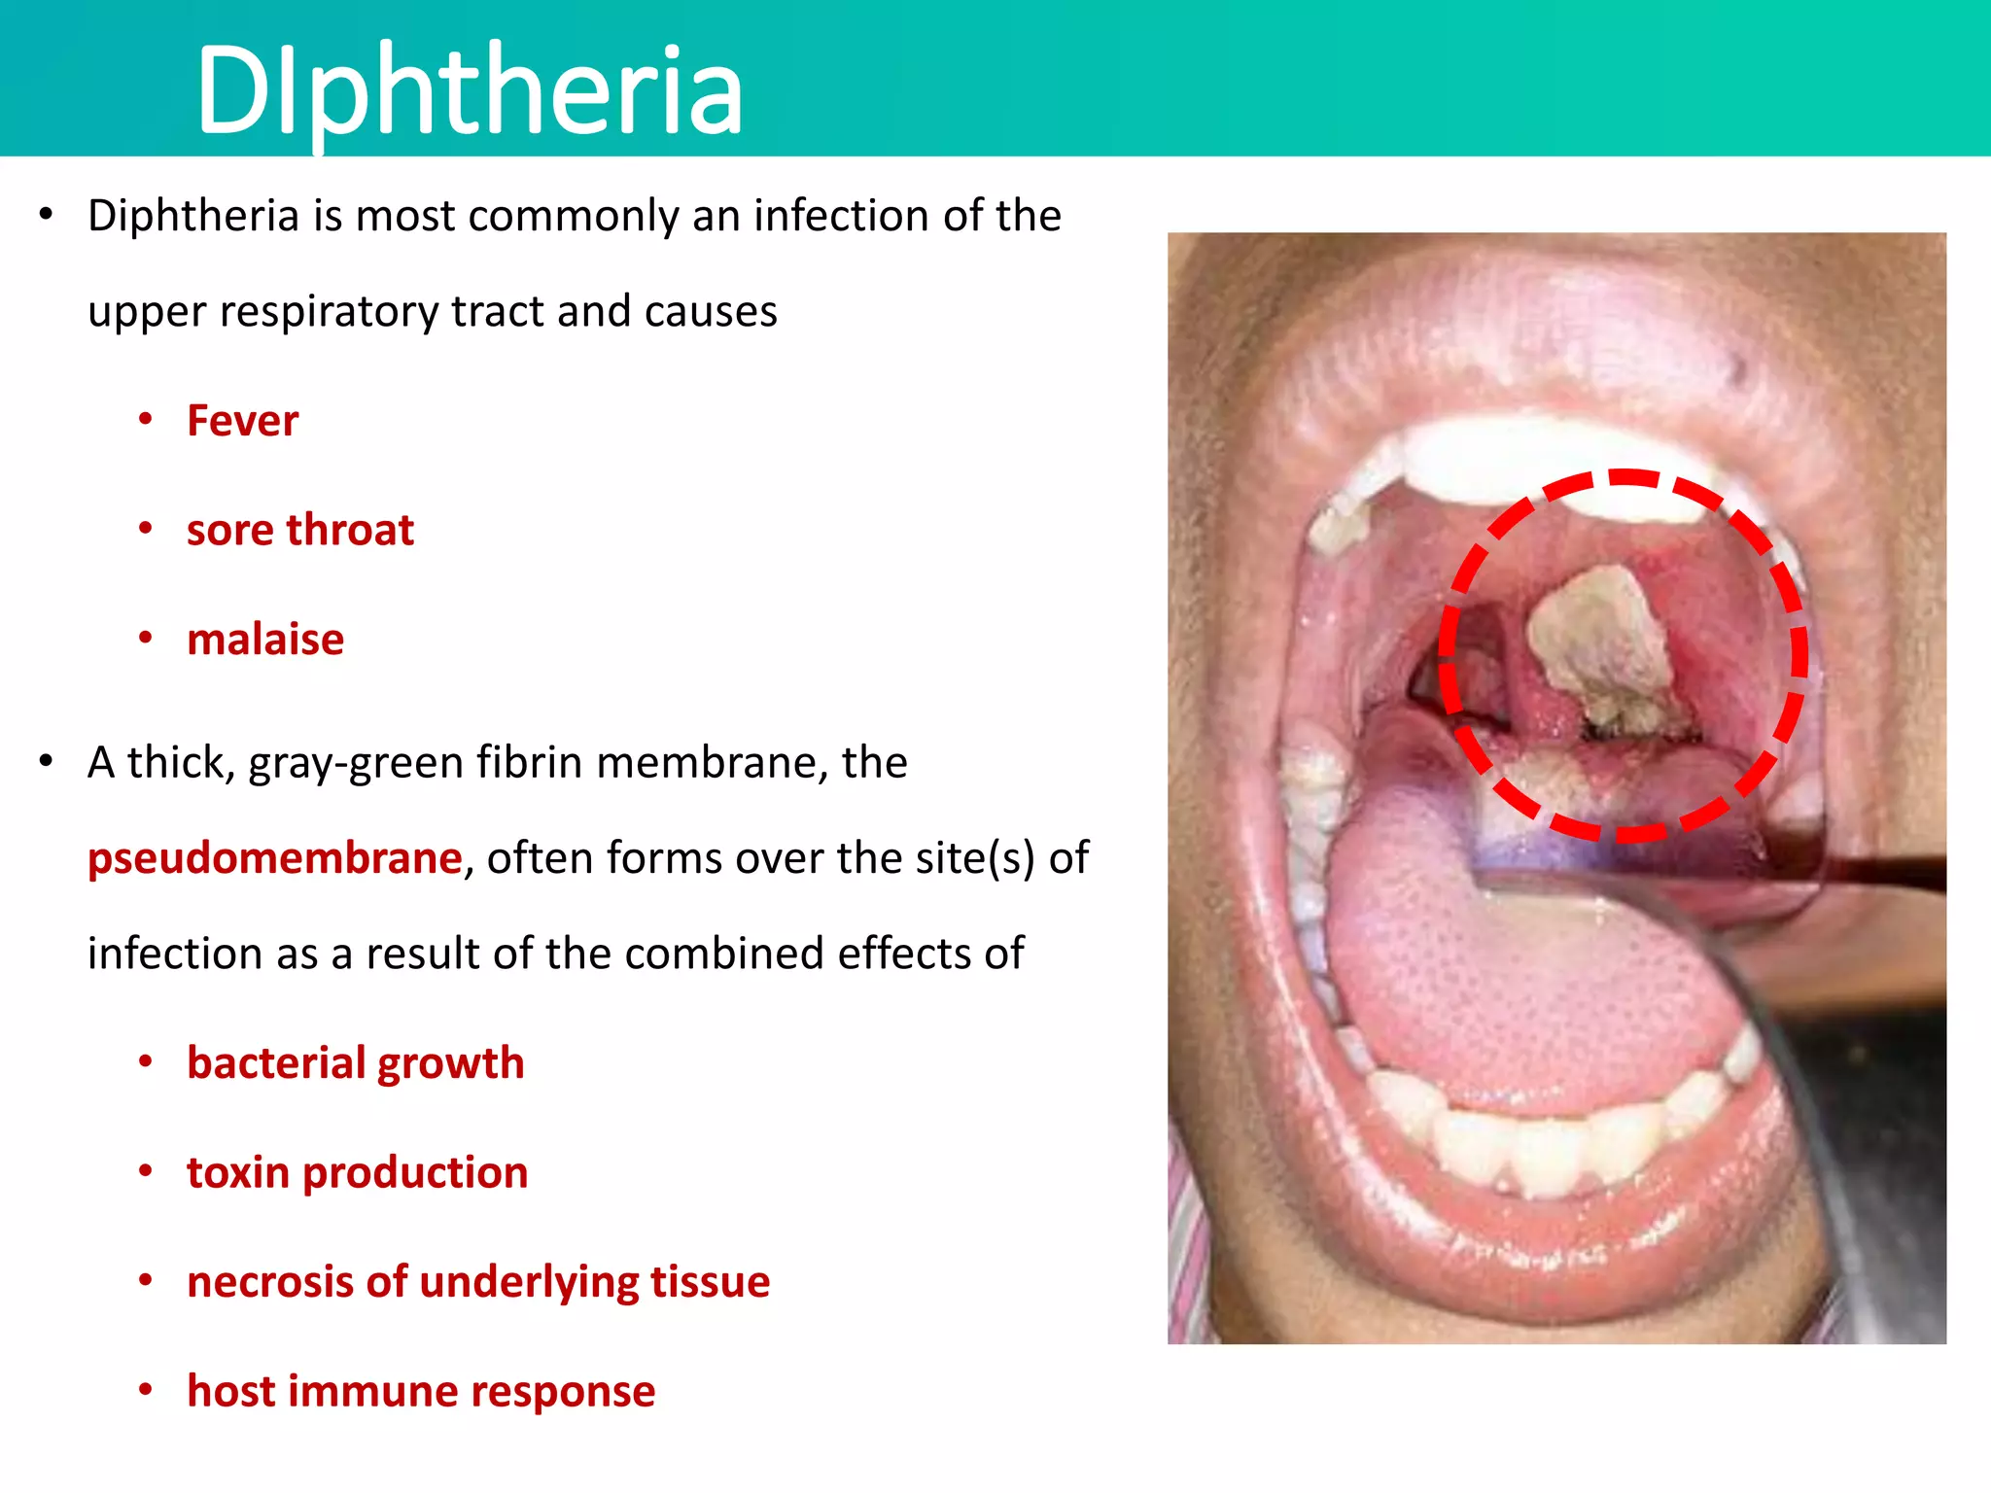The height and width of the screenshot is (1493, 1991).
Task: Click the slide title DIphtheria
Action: pyautogui.click(x=469, y=89)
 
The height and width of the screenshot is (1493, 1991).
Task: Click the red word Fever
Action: pyautogui.click(x=242, y=421)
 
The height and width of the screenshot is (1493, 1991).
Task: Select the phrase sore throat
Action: pyautogui.click(x=299, y=530)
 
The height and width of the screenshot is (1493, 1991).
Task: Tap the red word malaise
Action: pyautogui.click(x=265, y=640)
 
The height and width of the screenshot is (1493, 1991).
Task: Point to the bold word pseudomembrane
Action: pyautogui.click(x=274, y=858)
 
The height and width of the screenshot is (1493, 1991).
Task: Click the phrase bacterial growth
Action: pyautogui.click(x=355, y=1062)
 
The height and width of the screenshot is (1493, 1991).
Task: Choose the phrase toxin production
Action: pyautogui.click(x=357, y=1172)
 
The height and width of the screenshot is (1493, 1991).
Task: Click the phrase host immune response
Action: pyautogui.click(x=421, y=1391)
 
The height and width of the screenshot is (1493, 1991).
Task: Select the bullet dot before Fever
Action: pyautogui.click(x=146, y=420)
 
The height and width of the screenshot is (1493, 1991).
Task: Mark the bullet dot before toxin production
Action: pyautogui.click(x=146, y=1171)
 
